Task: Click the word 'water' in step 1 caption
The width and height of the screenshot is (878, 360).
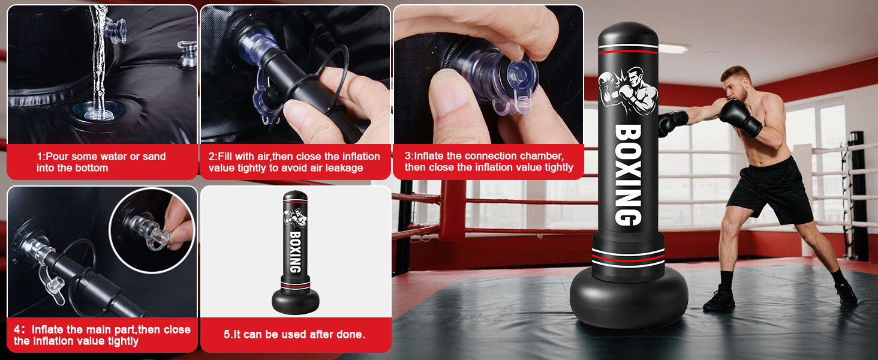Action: coord(113,157)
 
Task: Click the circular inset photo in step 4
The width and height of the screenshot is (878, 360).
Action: coord(152,230)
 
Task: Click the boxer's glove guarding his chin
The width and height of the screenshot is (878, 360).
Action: coord(741,117)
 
